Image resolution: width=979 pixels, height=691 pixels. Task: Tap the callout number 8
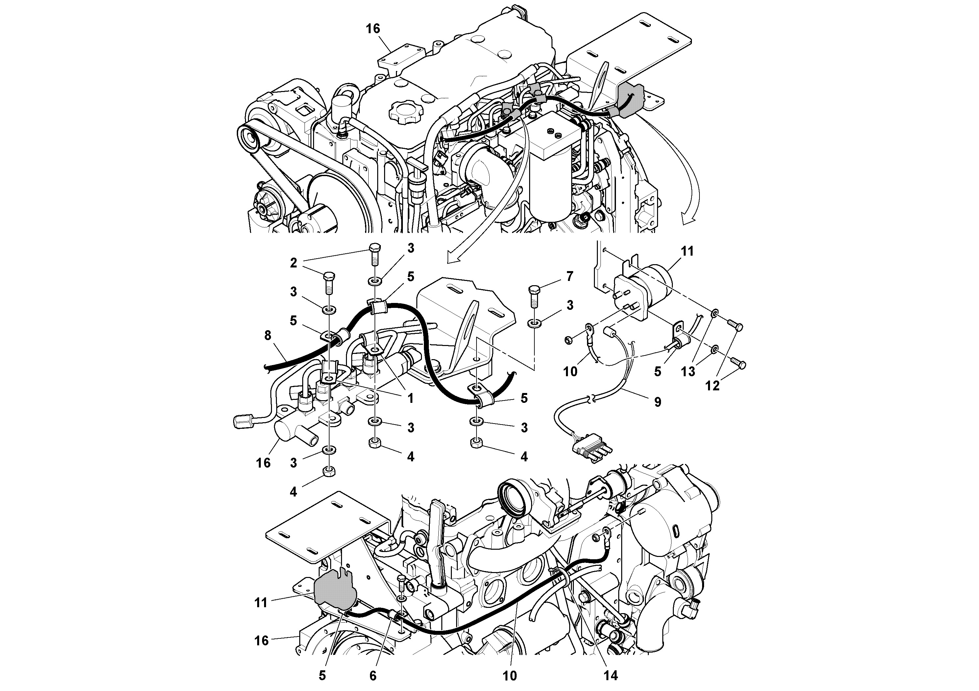[268, 336]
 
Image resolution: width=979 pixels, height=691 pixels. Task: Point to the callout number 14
[611, 676]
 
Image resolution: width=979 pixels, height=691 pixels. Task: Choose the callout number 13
[688, 372]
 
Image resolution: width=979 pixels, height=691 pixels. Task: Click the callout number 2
[293, 263]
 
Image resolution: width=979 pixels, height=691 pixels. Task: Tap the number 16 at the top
[373, 29]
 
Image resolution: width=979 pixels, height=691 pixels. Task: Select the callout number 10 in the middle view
[570, 372]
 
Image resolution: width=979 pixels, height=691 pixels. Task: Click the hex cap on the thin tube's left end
[241, 422]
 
